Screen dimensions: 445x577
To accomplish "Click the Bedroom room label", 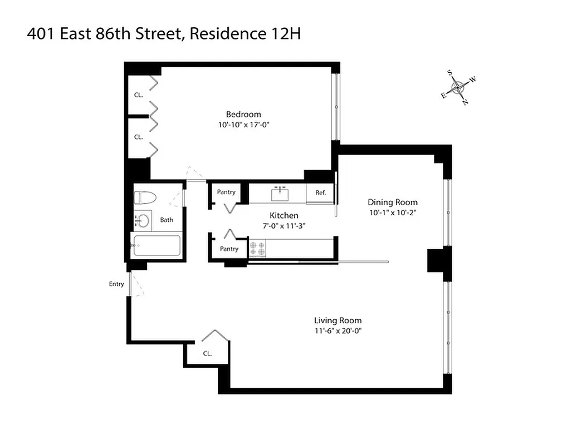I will coord(243,114).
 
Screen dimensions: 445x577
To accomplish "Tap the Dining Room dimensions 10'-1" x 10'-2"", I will coord(392,212).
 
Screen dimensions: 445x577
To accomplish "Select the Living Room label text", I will coord(338,320).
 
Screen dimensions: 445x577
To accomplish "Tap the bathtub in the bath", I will coord(156,245).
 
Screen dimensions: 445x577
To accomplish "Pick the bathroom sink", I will coord(141,221).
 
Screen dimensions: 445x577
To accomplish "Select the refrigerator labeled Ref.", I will coord(320,193).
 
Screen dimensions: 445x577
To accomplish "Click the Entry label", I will coord(116,284).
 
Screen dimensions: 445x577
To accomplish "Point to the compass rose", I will coord(458,87).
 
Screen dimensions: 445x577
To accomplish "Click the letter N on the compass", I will coord(466,102).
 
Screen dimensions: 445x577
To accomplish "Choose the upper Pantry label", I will coord(226,192).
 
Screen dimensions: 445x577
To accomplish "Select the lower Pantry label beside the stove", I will coord(229,249).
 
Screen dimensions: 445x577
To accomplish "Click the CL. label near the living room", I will coord(207,353).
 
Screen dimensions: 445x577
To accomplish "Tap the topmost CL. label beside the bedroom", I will coord(138,95).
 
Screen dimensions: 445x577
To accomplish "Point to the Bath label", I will coord(167,220).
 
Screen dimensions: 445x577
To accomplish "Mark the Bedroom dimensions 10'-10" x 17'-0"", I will coord(244,125).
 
